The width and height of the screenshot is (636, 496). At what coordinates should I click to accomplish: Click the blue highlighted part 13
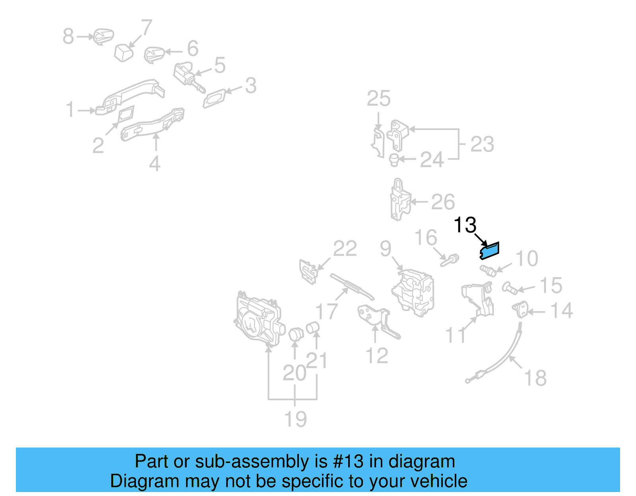tap(489, 251)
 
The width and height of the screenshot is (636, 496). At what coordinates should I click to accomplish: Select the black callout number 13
tap(465, 225)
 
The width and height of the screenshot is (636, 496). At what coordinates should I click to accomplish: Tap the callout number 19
tap(295, 419)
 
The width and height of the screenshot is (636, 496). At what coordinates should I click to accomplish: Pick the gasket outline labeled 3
tap(215, 98)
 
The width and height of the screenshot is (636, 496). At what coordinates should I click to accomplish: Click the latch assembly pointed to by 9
tap(413, 293)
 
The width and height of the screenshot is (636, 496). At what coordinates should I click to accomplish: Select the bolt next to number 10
tap(488, 271)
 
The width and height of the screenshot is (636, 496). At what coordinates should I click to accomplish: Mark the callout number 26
tap(443, 202)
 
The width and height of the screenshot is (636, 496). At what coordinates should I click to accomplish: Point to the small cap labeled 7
tap(124, 53)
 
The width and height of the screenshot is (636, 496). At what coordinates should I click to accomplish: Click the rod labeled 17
tap(352, 287)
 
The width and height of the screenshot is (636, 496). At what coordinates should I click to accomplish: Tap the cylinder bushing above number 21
tap(312, 328)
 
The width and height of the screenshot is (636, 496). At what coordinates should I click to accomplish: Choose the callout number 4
tap(155, 164)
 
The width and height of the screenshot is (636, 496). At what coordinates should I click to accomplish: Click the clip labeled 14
tap(520, 309)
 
